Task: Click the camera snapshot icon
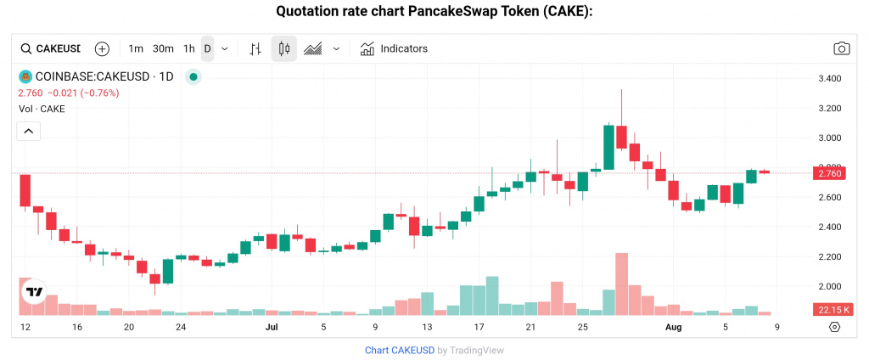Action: click(x=841, y=48)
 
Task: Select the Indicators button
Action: click(x=394, y=48)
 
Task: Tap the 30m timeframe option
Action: click(x=163, y=48)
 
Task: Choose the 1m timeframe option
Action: click(x=136, y=48)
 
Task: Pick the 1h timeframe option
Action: click(x=189, y=48)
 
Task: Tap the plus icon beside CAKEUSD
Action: click(x=102, y=48)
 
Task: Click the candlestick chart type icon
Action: click(x=284, y=48)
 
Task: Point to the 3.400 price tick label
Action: click(x=827, y=79)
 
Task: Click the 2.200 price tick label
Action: click(x=827, y=256)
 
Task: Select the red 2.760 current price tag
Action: click(x=827, y=173)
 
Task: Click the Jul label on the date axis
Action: click(x=272, y=327)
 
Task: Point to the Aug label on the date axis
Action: click(x=674, y=327)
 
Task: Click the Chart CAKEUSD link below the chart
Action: click(x=399, y=350)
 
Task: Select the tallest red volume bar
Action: click(x=621, y=284)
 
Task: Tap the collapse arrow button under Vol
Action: click(x=28, y=131)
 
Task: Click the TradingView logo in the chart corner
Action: click(x=34, y=292)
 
